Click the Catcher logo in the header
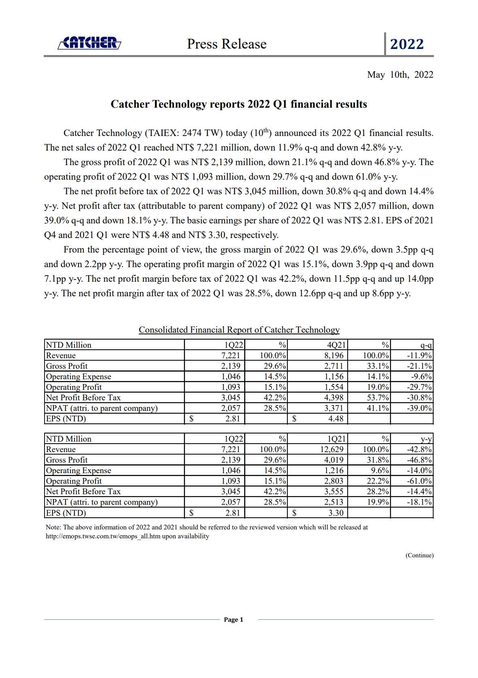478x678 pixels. (89, 43)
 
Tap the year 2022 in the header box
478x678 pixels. (407, 44)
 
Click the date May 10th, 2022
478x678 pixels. (400, 74)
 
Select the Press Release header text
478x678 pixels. (227, 44)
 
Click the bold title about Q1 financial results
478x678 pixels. (239, 104)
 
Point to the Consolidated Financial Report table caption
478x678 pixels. (239, 330)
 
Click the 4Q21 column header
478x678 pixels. (336, 345)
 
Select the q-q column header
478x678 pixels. (426, 345)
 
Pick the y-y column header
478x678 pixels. (426, 439)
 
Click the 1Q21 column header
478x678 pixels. (336, 439)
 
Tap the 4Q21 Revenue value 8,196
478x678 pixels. (334, 355)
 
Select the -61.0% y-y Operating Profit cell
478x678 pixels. (419, 481)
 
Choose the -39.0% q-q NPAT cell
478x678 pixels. (419, 408)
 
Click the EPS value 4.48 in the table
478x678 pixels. (336, 419)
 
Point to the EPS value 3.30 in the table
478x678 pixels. (336, 513)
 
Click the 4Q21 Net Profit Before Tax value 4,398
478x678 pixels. (334, 397)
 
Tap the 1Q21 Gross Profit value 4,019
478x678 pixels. (334, 460)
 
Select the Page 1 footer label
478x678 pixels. (234, 620)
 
